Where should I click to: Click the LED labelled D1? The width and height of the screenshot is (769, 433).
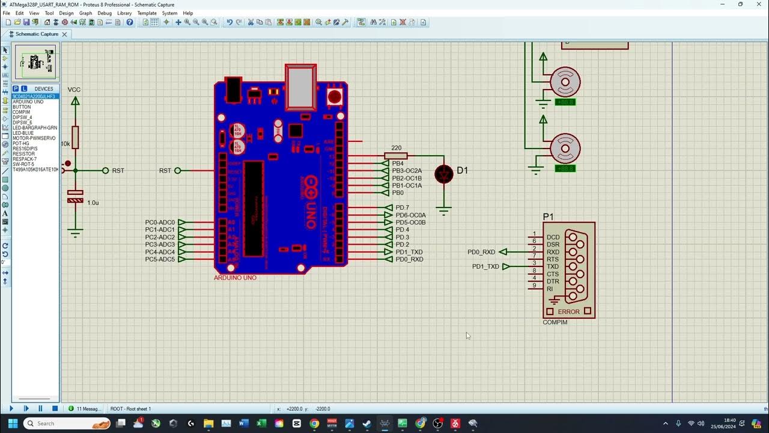pos(444,174)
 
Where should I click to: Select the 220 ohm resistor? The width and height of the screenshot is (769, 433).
pos(396,156)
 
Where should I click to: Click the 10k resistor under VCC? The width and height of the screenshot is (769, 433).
pos(75,138)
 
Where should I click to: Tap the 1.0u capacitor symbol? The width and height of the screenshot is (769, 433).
pos(75,196)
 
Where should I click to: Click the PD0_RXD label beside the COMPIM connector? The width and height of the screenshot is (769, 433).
pos(481,252)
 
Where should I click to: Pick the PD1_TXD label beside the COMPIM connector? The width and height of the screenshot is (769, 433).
pos(485,266)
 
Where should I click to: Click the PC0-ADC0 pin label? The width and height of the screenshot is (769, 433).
pos(160,223)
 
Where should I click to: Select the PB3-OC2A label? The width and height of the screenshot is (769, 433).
pos(407,171)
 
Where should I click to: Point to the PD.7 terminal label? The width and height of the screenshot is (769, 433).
pos(402,207)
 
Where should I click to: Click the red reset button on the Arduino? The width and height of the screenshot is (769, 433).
pos(334,97)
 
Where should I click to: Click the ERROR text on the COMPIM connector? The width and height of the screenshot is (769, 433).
pos(568,312)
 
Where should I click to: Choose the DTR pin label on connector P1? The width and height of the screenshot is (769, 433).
pos(553,281)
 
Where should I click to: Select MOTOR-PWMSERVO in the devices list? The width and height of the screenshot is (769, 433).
pos(34,138)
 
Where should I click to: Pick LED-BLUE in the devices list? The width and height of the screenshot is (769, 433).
pos(23,133)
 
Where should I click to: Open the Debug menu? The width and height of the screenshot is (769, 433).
pos(105,13)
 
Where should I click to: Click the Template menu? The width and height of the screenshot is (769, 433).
pos(147,13)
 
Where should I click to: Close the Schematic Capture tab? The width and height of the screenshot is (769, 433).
pos(64,34)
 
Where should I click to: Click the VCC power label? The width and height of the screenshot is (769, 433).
pos(74,90)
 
